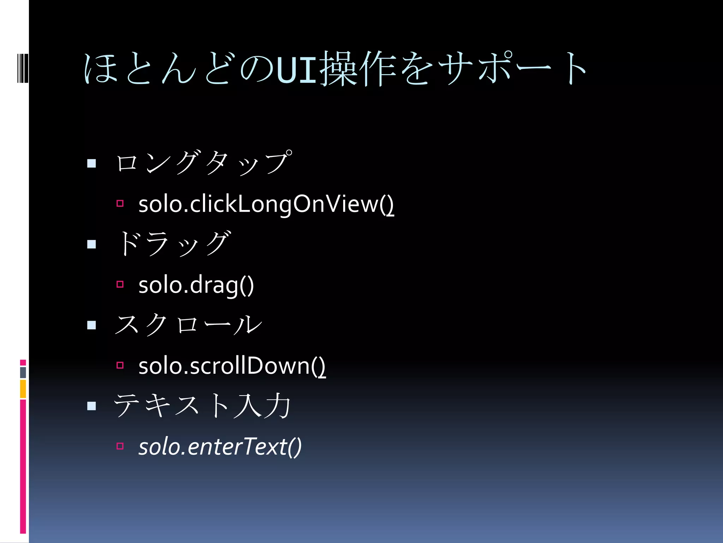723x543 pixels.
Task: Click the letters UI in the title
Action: coord(297,70)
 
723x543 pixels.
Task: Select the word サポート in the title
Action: coord(512,69)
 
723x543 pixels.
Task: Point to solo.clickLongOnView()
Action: coord(266,204)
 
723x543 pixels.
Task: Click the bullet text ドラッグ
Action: coord(173,244)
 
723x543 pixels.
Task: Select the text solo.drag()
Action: coord(196,285)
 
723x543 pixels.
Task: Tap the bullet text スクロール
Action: coord(188,325)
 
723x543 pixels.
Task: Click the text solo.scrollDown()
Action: coord(232,366)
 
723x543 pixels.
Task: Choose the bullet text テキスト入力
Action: coord(202,405)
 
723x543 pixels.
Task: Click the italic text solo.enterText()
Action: coord(220,446)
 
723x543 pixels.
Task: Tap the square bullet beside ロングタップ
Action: coord(91,163)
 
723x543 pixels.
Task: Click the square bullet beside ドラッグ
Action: coord(91,244)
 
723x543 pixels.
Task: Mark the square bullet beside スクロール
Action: coord(91,325)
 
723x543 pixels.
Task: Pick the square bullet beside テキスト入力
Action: coord(91,406)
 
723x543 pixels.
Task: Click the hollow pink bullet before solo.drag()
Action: coord(120,284)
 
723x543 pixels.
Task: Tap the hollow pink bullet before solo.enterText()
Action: coord(120,446)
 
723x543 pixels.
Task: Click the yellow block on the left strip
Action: coord(23,389)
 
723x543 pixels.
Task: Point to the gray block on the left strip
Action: coord(23,372)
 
